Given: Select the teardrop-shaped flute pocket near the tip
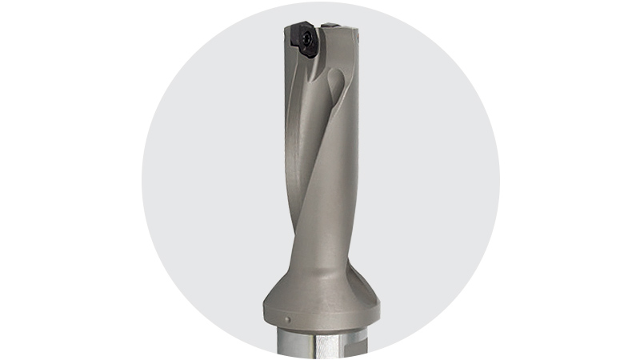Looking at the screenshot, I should pos(336,88).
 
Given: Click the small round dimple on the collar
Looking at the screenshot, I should pos(289,323).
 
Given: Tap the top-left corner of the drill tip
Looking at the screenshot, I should pos(286,28).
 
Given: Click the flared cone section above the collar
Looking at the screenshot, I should pos(320,272).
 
